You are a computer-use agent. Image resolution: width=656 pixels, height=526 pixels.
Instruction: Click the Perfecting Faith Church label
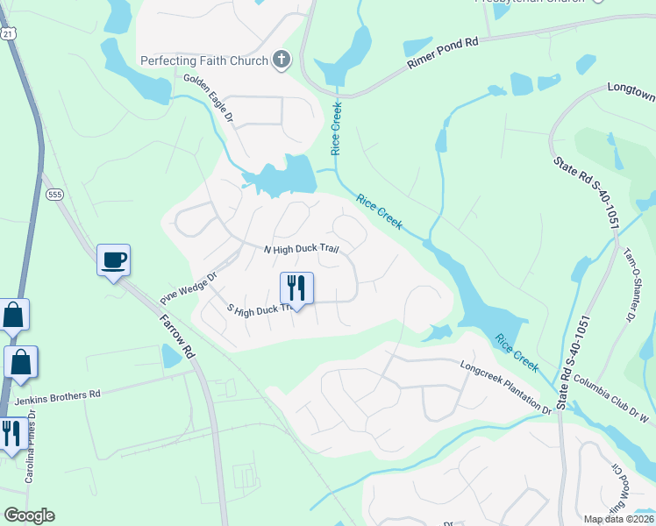pyautogui.click(x=205, y=60)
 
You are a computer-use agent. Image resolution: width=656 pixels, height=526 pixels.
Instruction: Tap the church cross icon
pyautogui.click(x=281, y=60)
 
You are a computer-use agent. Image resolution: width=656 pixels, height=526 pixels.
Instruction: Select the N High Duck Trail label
pyautogui.click(x=301, y=250)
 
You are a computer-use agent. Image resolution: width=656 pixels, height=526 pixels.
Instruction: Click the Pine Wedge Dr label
pyautogui.click(x=187, y=287)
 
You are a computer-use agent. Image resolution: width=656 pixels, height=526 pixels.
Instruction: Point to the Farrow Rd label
pyautogui.click(x=175, y=334)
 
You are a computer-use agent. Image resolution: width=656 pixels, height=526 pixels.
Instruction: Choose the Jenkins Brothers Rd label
pyautogui.click(x=58, y=396)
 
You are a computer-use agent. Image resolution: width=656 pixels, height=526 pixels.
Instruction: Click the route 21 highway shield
pyautogui.click(x=8, y=33)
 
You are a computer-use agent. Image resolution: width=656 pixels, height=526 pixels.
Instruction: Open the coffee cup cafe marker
pyautogui.click(x=113, y=259)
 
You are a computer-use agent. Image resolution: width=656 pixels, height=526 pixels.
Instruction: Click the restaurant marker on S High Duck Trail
pyautogui.click(x=296, y=288)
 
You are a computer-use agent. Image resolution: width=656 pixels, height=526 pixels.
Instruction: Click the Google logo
pyautogui.click(x=29, y=515)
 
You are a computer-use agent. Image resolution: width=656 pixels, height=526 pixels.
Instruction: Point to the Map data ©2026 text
pyautogui.click(x=619, y=519)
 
